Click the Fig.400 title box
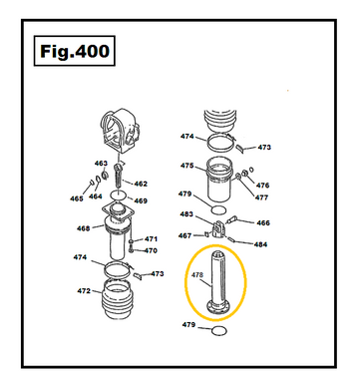[x=75, y=51]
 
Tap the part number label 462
[x=141, y=184]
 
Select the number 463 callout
[x=101, y=164]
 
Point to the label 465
[x=76, y=198]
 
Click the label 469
[x=141, y=200]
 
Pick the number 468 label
[x=83, y=228]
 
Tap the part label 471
[x=151, y=239]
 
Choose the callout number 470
[x=151, y=250]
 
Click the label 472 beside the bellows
[x=84, y=291]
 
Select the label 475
[x=187, y=166]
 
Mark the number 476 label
[x=262, y=186]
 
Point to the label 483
[x=186, y=214]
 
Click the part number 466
[x=263, y=222]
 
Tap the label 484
[x=260, y=244]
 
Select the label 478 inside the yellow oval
[x=197, y=275]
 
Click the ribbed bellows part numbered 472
[x=117, y=299]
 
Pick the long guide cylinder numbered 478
[x=218, y=282]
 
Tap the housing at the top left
[x=120, y=131]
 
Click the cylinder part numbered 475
[x=219, y=179]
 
